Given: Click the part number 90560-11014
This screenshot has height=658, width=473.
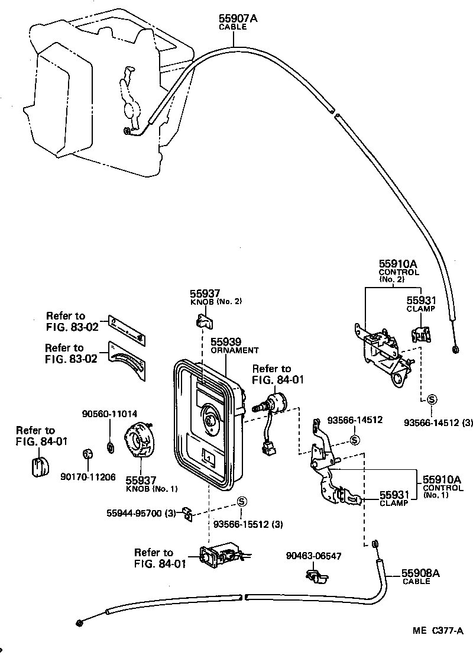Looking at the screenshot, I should tap(109, 414).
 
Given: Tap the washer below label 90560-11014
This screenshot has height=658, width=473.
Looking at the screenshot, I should tap(110, 445).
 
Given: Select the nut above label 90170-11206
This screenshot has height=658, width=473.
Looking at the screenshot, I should tap(86, 455).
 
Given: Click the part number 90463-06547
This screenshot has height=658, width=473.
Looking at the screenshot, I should tap(313, 556).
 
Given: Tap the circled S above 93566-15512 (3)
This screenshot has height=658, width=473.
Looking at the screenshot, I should tap(241, 502).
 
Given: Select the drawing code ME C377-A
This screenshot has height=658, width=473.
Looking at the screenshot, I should tap(438, 631).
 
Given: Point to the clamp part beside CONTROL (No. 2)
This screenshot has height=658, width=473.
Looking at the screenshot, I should tap(420, 335).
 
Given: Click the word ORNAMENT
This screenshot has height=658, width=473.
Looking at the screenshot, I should tap(235, 350).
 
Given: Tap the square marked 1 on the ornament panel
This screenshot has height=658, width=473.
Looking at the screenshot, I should tap(208, 456).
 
